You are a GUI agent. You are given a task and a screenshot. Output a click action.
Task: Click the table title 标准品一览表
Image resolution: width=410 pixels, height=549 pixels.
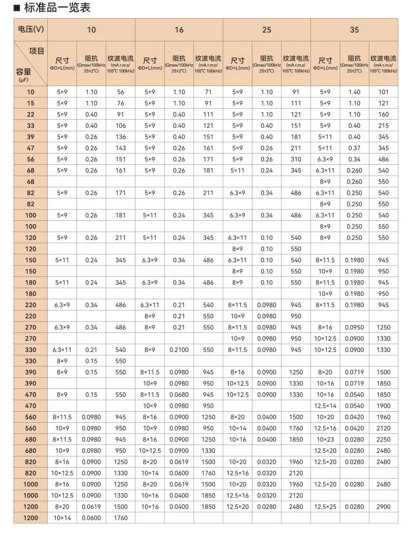[x=57, y=7]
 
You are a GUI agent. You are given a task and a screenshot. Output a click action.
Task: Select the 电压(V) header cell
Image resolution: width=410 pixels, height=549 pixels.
[x=31, y=30]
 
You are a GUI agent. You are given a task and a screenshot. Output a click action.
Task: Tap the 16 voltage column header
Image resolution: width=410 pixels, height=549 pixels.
[x=179, y=30]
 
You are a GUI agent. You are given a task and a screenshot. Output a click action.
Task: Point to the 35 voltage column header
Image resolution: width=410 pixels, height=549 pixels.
[x=354, y=30]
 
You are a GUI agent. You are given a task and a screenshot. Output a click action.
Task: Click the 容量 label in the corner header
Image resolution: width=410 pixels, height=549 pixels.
[x=24, y=72]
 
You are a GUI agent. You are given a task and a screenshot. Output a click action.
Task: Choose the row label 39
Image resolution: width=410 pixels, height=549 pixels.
[x=31, y=137]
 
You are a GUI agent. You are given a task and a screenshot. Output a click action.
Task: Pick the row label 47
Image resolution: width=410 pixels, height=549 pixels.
[x=31, y=148]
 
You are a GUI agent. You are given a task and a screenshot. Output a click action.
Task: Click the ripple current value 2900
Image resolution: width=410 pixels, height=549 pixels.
[x=383, y=507]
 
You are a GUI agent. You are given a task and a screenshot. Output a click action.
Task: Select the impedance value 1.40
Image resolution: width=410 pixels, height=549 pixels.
[x=354, y=92]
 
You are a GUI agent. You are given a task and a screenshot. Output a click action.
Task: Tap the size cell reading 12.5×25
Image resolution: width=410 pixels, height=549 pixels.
[x=325, y=507]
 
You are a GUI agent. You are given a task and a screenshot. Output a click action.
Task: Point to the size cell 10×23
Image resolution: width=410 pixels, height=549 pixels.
[x=325, y=439]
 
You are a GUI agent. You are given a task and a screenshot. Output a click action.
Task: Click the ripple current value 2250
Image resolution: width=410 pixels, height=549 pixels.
[x=383, y=439]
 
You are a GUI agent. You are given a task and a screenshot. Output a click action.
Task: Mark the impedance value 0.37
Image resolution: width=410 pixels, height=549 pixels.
[x=354, y=148]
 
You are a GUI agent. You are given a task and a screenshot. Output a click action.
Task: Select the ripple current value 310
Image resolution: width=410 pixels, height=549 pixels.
[x=296, y=159]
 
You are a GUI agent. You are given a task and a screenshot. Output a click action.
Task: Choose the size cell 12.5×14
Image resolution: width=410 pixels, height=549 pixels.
[x=325, y=406]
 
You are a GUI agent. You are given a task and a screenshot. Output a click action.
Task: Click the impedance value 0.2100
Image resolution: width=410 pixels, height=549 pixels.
[x=179, y=350]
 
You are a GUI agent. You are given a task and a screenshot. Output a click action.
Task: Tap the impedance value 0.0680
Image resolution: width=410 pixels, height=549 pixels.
[x=179, y=395]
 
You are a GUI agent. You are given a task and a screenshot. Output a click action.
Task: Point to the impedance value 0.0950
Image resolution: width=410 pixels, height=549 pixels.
[x=354, y=327]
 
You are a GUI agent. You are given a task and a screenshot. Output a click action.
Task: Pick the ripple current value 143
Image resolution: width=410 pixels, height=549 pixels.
[x=121, y=148]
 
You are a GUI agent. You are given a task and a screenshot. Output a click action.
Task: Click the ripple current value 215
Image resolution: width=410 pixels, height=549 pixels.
[x=383, y=126]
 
